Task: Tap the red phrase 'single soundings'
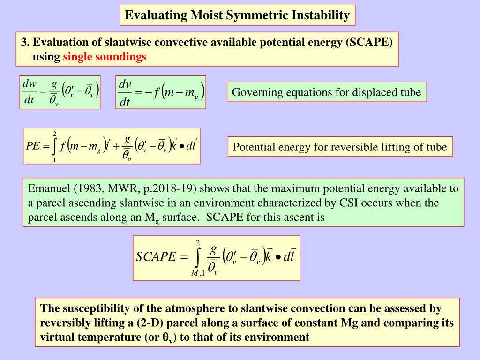click(105, 57)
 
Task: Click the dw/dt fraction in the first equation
click(30, 92)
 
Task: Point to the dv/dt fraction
click(125, 92)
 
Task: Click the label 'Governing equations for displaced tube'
click(327, 92)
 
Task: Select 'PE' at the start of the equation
click(32, 146)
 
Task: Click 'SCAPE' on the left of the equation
click(155, 257)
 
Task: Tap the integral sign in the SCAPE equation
click(198, 257)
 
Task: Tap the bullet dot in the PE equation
click(181, 146)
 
